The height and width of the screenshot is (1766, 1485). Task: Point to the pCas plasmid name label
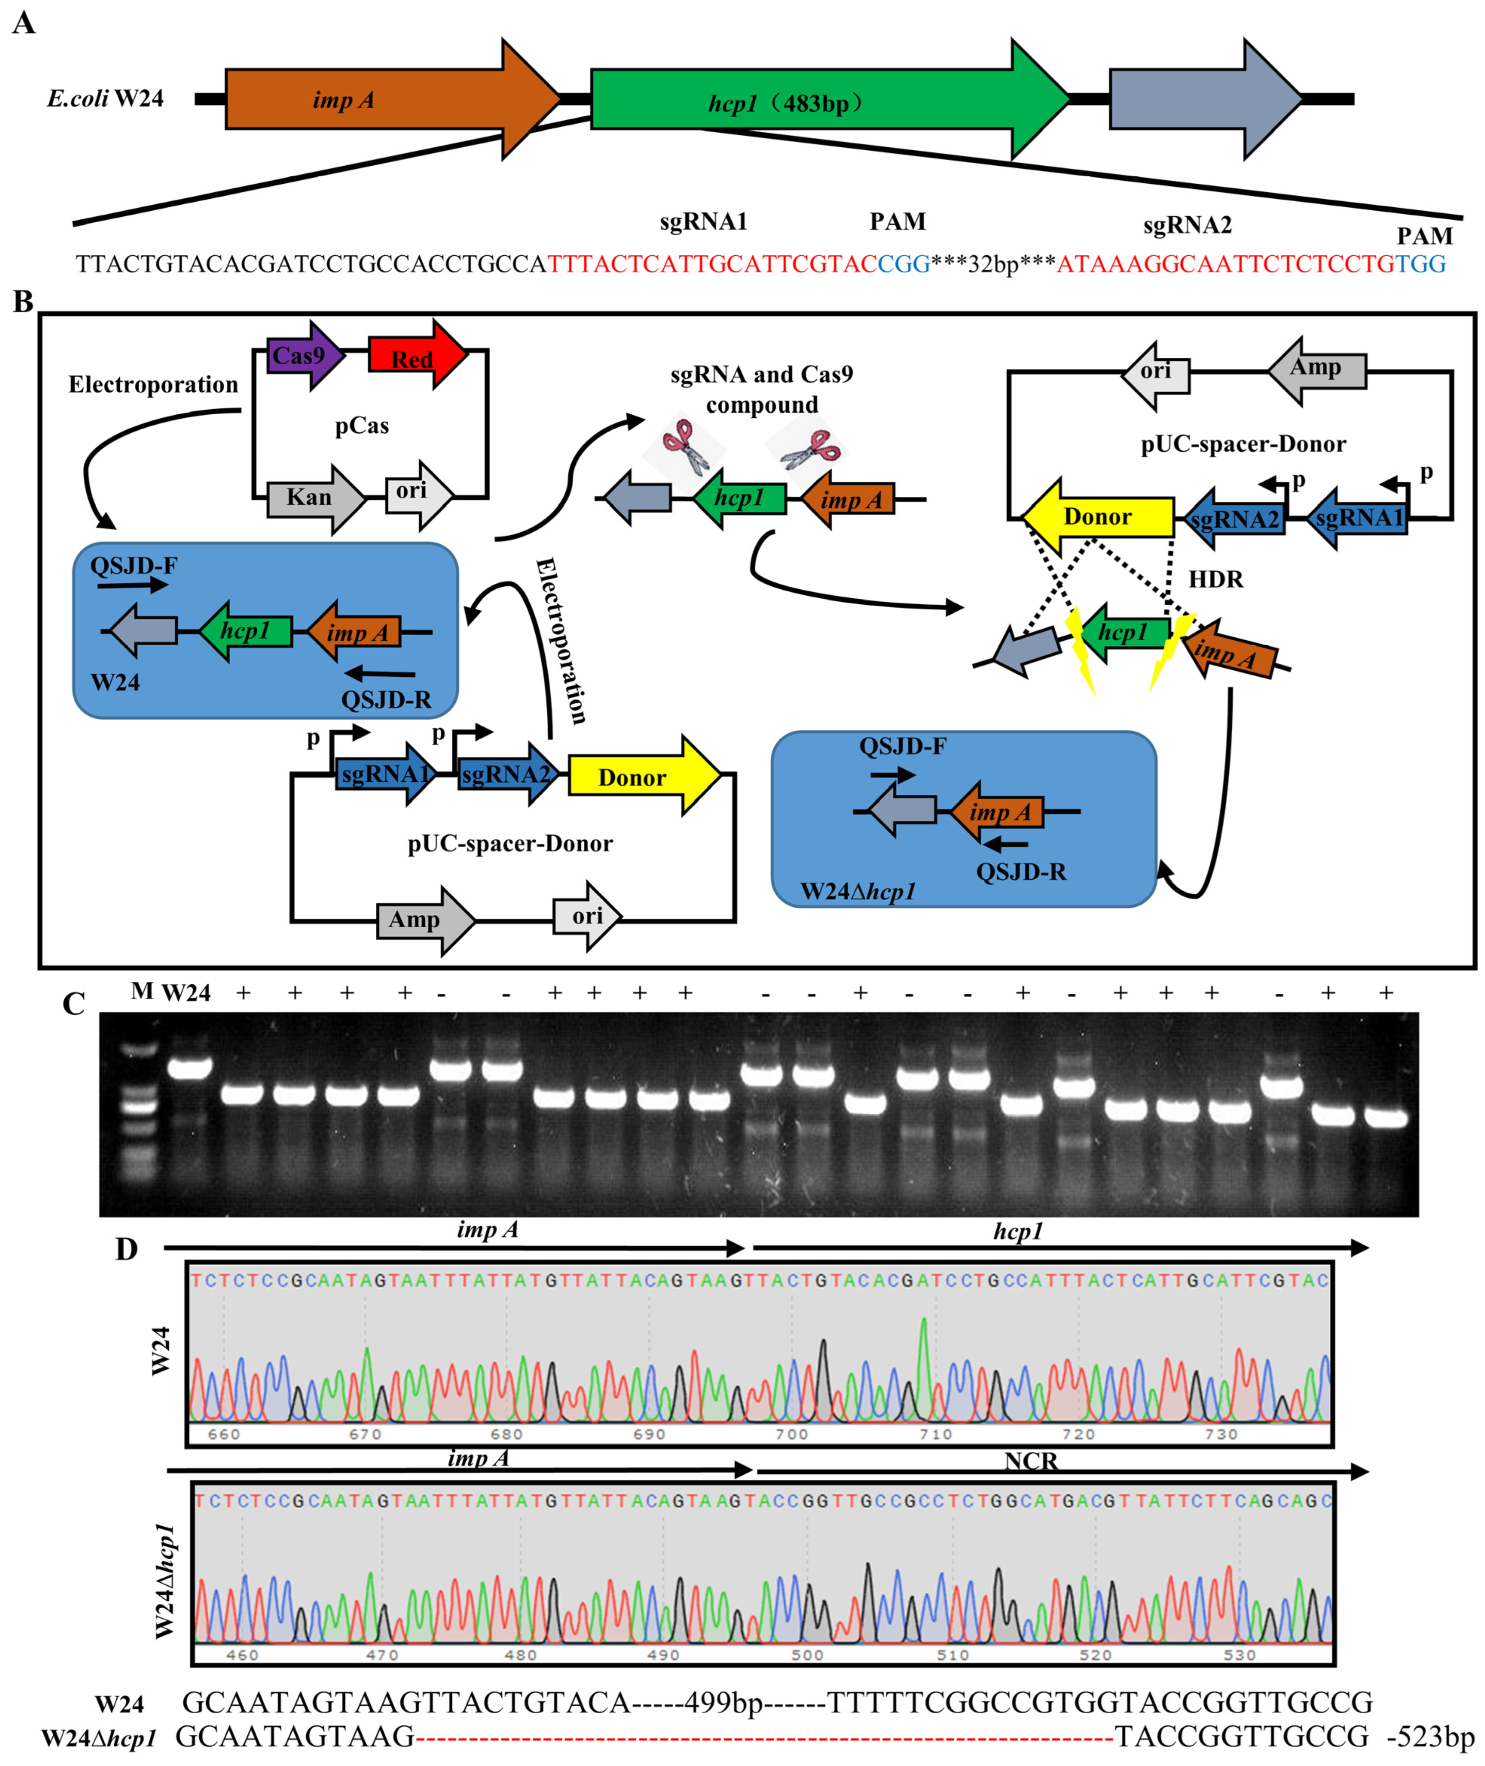pyautogui.click(x=362, y=426)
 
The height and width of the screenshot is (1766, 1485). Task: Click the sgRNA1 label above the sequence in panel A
pyautogui.click(x=703, y=221)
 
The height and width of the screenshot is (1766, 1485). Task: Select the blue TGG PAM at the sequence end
pyautogui.click(x=1421, y=264)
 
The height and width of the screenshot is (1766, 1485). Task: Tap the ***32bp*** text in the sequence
pyautogui.click(x=993, y=264)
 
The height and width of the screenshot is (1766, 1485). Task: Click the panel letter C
pyautogui.click(x=74, y=1004)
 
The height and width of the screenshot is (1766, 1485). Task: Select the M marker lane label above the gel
pyautogui.click(x=141, y=991)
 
